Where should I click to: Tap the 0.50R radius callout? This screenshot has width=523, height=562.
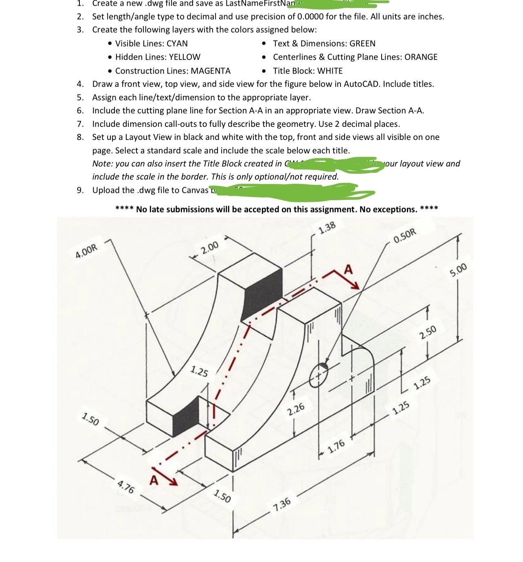(406, 236)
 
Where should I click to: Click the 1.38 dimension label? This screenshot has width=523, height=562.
(327, 227)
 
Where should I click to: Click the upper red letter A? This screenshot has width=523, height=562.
(348, 270)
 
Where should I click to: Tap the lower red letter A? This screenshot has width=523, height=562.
(154, 480)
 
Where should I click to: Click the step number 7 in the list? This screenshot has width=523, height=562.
(80, 124)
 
